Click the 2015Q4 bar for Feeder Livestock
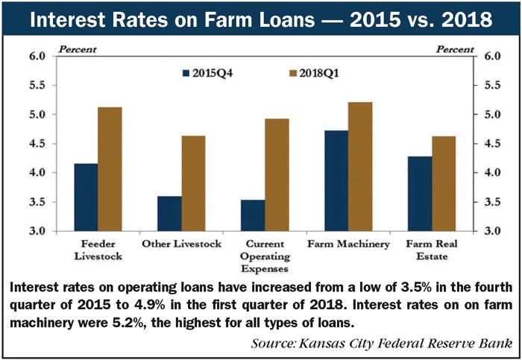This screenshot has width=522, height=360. coord(86,198)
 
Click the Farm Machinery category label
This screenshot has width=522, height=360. coord(348,244)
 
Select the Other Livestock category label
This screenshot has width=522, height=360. coord(181,244)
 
